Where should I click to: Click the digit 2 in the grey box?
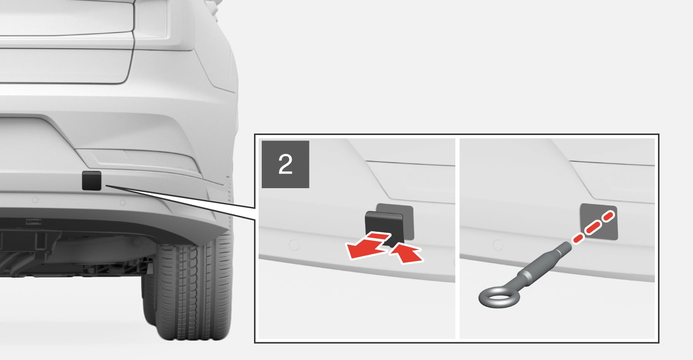(x=285, y=165)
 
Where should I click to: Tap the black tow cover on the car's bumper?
(x=92, y=180)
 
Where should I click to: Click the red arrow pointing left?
(x=367, y=246)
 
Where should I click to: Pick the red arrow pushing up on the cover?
(x=406, y=253)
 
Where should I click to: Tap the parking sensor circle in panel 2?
(x=294, y=245)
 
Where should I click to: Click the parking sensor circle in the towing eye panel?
(x=498, y=245)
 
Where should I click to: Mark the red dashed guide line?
(x=593, y=226)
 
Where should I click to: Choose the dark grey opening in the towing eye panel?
(x=598, y=222)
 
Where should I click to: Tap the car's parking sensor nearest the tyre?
(x=123, y=203)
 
